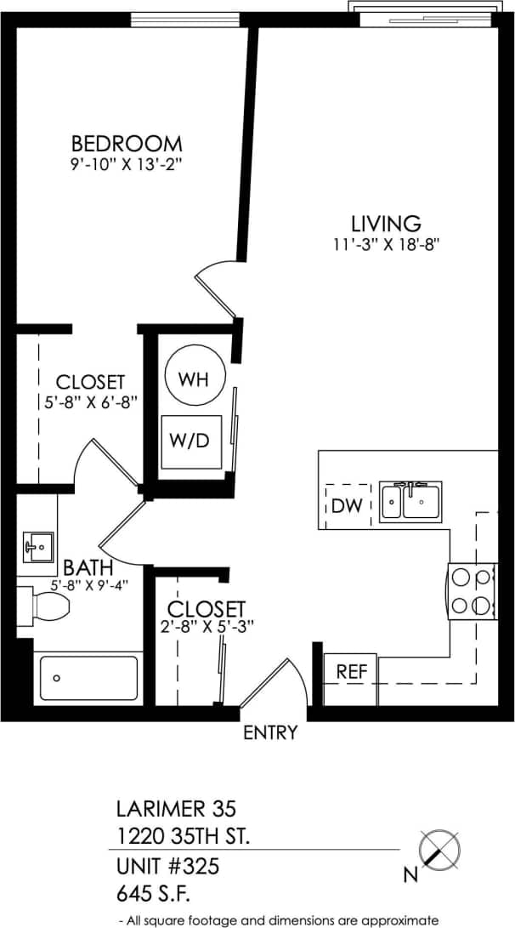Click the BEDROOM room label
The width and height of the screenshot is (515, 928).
[x=127, y=143]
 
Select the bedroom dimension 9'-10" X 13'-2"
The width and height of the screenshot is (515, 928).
[x=127, y=164]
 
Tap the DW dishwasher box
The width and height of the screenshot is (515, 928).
[x=347, y=506]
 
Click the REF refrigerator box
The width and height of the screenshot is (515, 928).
[x=351, y=671]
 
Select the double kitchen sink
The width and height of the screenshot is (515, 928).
[x=410, y=502]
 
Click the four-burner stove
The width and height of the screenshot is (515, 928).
[x=473, y=591]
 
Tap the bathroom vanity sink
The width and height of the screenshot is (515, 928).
[x=37, y=546]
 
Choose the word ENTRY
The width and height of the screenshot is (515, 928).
[x=270, y=732]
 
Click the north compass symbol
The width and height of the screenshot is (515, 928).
[x=441, y=849]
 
